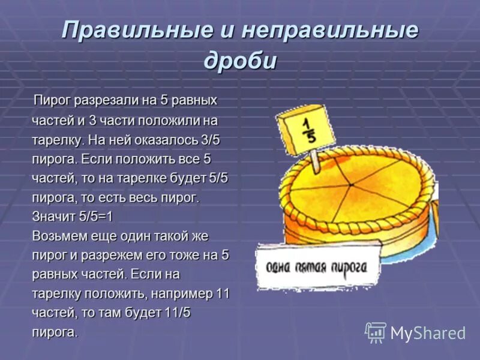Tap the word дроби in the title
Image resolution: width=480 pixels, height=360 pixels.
(x=240, y=61)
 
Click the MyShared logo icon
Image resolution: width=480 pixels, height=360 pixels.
(x=376, y=332)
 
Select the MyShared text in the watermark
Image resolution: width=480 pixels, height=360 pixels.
(x=428, y=333)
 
